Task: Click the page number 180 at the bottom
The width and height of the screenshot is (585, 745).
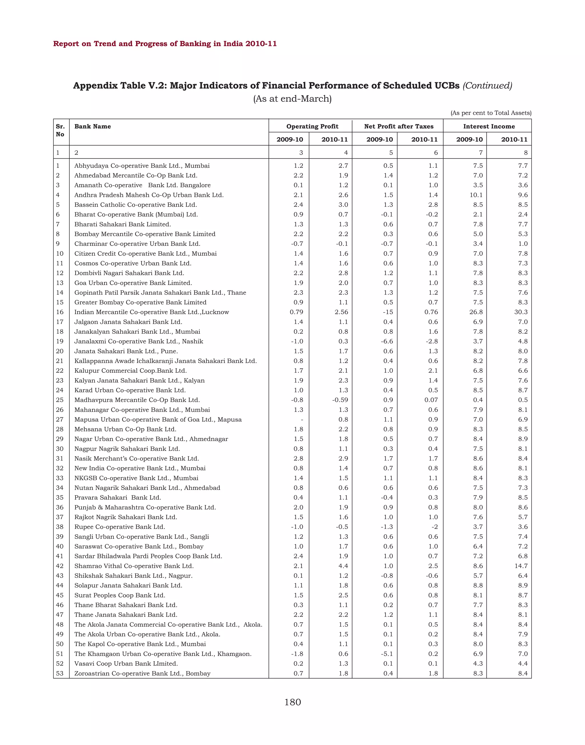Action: point(292,702)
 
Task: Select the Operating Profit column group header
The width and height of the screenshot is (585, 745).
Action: point(312,126)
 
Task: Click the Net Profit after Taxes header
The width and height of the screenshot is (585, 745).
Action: point(399,126)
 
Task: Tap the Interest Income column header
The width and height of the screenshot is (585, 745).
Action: point(489,126)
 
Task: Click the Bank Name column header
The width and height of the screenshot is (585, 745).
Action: point(93,126)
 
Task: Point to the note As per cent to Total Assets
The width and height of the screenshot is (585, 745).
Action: point(491,113)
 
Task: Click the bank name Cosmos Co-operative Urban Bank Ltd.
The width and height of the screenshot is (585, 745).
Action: point(133,263)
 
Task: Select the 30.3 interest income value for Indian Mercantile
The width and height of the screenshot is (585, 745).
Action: point(521,312)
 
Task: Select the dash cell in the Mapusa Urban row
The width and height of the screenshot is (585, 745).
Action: point(302,420)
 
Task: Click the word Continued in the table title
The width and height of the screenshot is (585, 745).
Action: point(487,85)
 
